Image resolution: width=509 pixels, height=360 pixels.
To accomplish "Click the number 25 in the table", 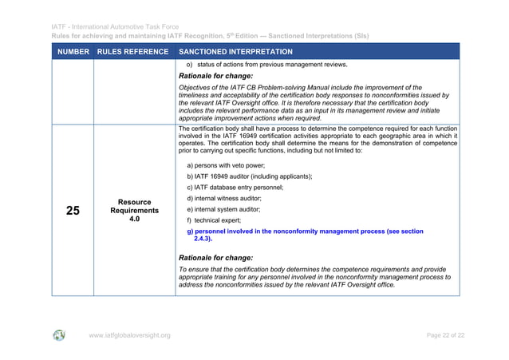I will [x=73, y=211].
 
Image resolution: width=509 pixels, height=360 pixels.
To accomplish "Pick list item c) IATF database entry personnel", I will [x=235, y=187].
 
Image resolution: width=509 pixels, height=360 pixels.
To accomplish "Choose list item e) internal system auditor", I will [x=229, y=209].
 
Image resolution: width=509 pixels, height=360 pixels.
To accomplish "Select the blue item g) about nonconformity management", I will [x=304, y=231].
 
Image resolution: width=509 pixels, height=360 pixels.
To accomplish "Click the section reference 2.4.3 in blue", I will [x=203, y=239].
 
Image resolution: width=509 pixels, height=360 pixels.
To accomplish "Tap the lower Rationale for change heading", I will [x=215, y=258].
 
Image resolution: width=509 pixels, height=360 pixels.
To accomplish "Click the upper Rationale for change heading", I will [x=215, y=76].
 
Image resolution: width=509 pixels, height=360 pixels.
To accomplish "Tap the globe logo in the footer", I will [x=60, y=335].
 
